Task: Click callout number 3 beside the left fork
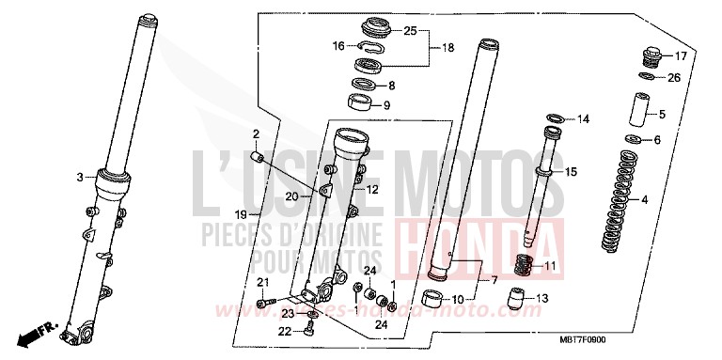79,176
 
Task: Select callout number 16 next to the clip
338,45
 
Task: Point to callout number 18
447,48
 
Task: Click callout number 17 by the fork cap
681,55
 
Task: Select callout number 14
583,119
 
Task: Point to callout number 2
254,133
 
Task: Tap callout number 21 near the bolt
264,285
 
